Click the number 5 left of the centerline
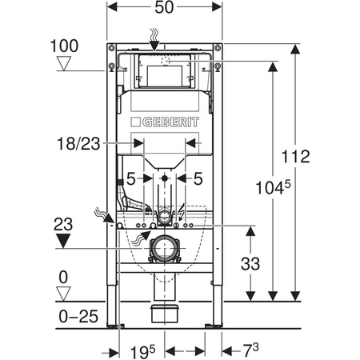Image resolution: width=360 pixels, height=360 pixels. point(134,177)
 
